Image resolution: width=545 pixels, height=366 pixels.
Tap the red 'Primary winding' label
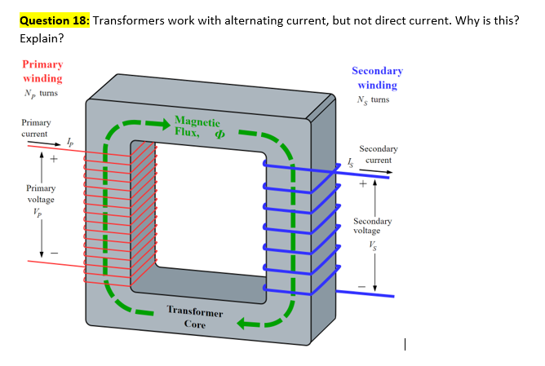pyautogui.click(x=42, y=71)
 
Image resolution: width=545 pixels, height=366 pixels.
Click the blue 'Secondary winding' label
pyautogui.click(x=377, y=77)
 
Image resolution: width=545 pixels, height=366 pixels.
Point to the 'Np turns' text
pyautogui.click(x=41, y=94)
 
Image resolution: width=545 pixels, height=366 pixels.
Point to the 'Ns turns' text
pyautogui.click(x=373, y=100)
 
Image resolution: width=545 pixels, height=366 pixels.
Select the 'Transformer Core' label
pyautogui.click(x=195, y=318)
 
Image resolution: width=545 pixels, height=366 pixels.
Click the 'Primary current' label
pyautogui.click(x=34, y=128)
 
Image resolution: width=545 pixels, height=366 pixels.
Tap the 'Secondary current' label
pyautogui.click(x=379, y=154)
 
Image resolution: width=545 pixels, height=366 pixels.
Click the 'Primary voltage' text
pyautogui.click(x=41, y=194)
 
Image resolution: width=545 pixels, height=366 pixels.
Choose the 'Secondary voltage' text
pyautogui.click(x=373, y=226)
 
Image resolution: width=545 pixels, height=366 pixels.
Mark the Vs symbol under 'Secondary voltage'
pyautogui.click(x=373, y=245)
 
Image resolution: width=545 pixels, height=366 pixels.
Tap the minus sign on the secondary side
pyautogui.click(x=358, y=285)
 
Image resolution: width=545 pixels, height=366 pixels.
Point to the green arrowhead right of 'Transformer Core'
pyautogui.click(x=246, y=324)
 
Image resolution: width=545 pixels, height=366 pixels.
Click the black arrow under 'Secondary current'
pyautogui.click(x=373, y=172)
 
